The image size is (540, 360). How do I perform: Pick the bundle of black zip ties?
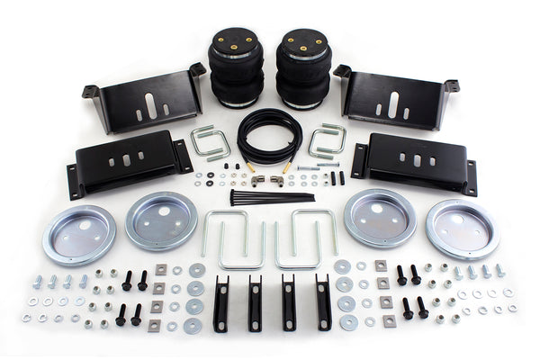[x=270, y=196]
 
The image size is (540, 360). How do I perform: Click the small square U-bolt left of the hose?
[x=211, y=143]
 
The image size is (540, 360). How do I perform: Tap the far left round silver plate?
[x=79, y=234]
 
